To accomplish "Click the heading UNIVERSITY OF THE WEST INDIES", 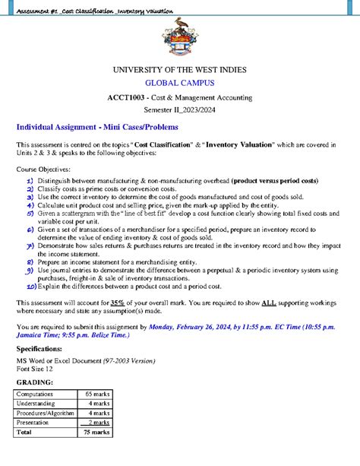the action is tap(179, 70).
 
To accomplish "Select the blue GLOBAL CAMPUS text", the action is tap(179, 83).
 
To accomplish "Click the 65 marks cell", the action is tap(96, 395).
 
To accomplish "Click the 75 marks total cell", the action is tap(96, 432).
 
